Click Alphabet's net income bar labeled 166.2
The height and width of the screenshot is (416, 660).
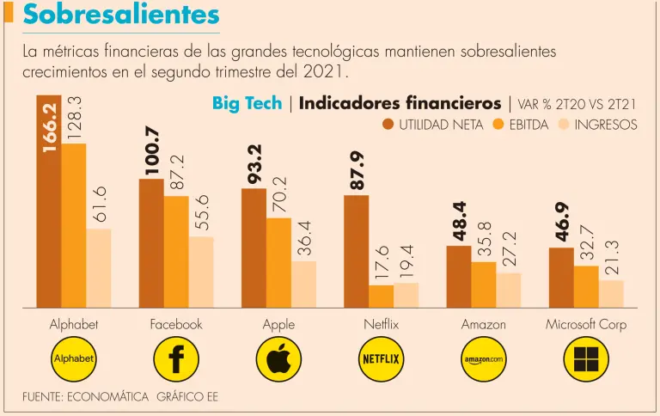pyautogui.click(x=48, y=206)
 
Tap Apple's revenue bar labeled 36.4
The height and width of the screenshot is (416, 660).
pyautogui.click(x=303, y=284)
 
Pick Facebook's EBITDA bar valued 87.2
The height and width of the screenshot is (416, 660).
pyautogui.click(x=176, y=252)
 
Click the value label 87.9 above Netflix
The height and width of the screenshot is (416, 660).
pyautogui.click(x=357, y=170)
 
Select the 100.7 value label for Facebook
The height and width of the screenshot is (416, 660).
pyautogui.click(x=151, y=151)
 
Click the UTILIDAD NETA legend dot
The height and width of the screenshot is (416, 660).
pyautogui.click(x=388, y=125)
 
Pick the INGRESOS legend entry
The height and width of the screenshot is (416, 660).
pyautogui.click(x=597, y=125)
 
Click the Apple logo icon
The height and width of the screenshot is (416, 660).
pyautogui.click(x=278, y=359)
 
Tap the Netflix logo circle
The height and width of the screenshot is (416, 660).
pyautogui.click(x=381, y=359)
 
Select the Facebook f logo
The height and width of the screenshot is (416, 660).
pyautogui.click(x=176, y=359)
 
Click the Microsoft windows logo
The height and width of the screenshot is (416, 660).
pyautogui.click(x=586, y=359)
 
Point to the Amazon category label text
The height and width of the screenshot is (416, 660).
pyautogui.click(x=483, y=325)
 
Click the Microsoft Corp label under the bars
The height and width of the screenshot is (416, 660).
pyautogui.click(x=586, y=325)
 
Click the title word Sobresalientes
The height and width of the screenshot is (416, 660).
pyautogui.click(x=120, y=15)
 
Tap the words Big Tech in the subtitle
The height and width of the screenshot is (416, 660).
pyautogui.click(x=247, y=103)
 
